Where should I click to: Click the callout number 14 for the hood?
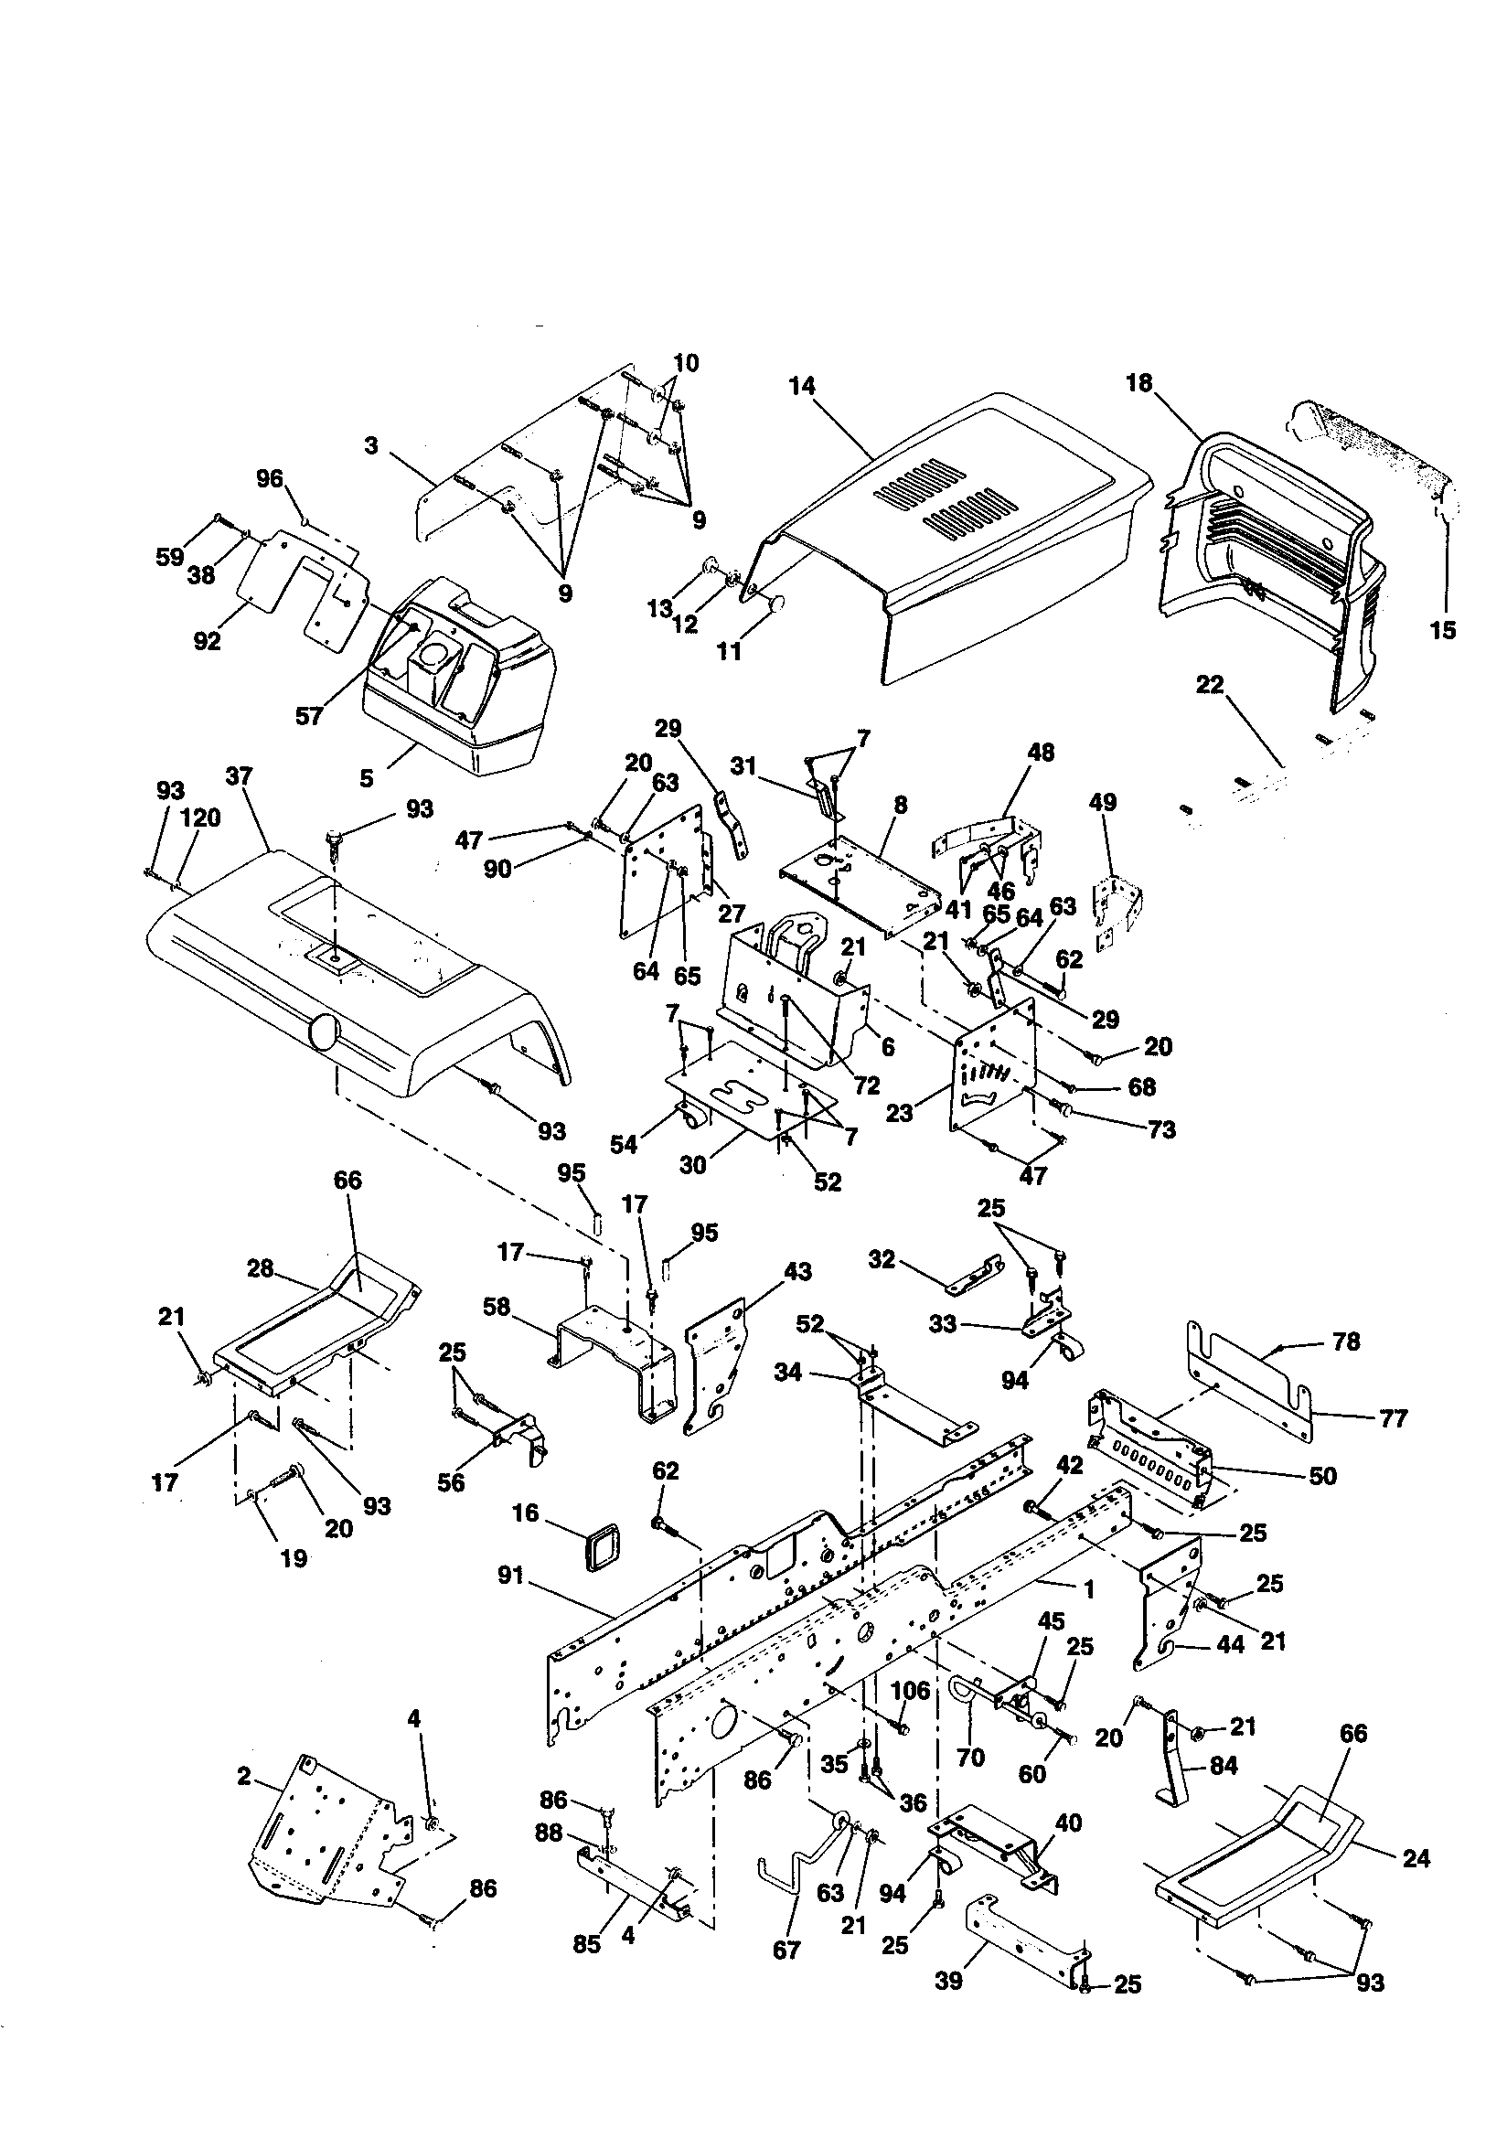pos(801,386)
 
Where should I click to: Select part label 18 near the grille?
pos(1138,383)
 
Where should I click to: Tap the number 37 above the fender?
pos(240,775)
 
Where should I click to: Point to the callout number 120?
pos(199,818)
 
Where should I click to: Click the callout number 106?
pos(910,1689)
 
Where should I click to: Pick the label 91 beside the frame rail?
pos(511,1576)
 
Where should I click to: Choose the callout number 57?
pos(308,715)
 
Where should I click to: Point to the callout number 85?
pos(587,1944)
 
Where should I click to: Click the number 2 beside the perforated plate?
pos(244,1777)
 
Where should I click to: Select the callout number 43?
pos(797,1271)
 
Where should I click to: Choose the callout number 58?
pos(497,1307)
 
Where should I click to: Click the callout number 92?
pos(207,641)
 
